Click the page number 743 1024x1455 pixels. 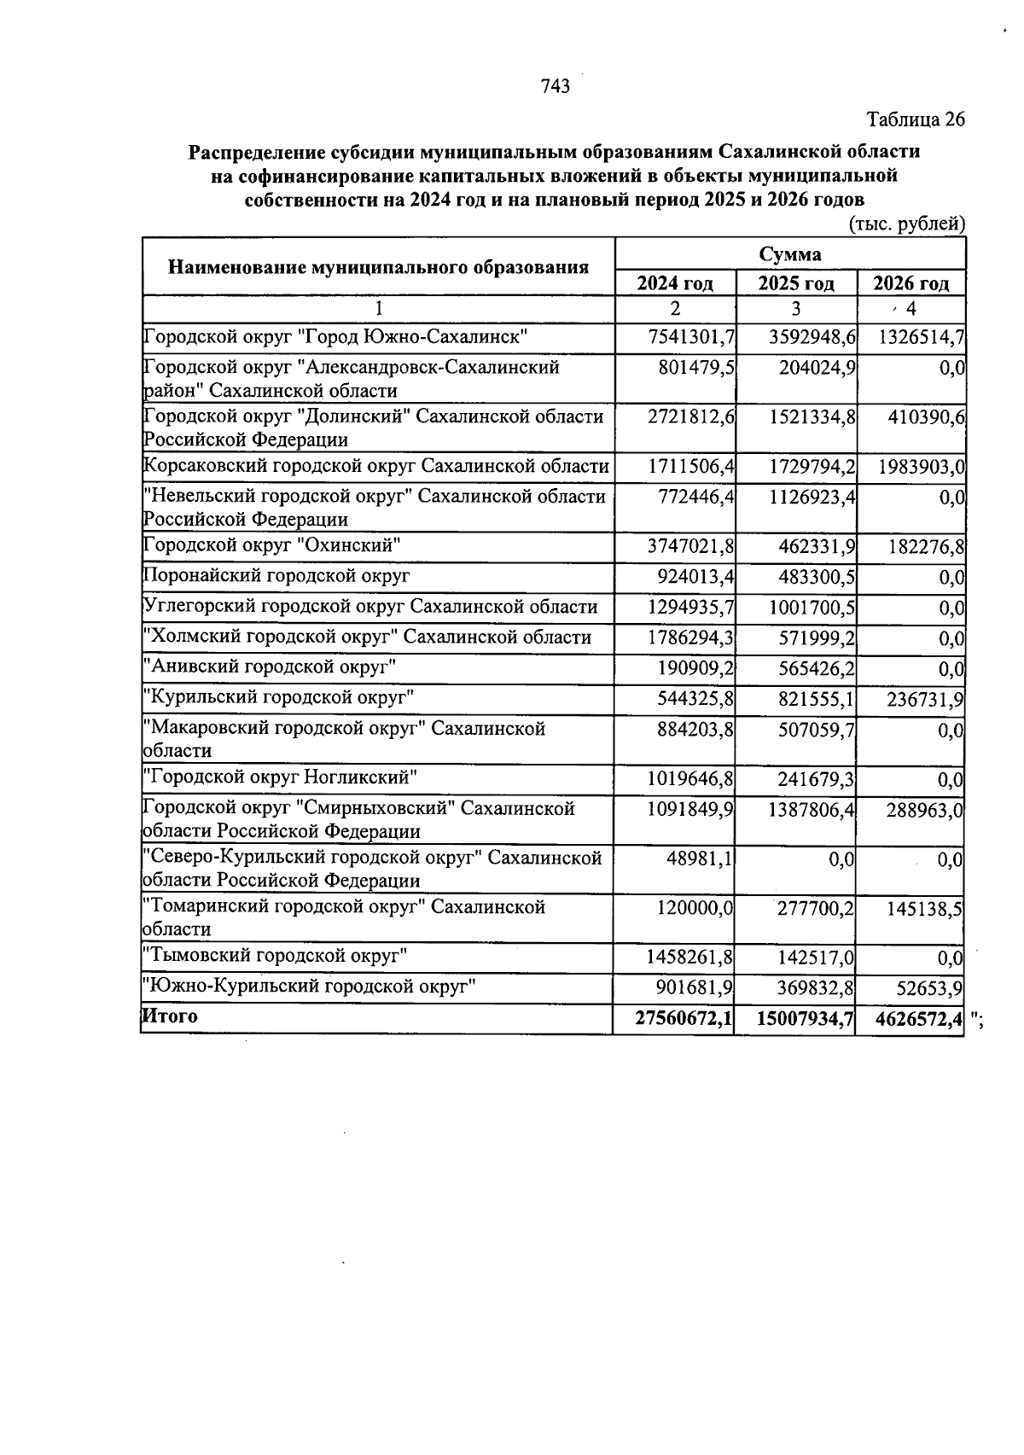(555, 86)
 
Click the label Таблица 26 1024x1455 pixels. (916, 119)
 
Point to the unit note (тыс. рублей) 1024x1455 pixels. (907, 224)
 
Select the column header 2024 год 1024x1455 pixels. (675, 283)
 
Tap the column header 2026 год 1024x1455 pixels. (911, 283)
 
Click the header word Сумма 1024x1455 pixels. (790, 254)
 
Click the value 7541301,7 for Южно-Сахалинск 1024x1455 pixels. (691, 337)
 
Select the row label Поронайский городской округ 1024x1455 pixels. (276, 576)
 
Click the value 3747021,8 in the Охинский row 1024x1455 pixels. (691, 546)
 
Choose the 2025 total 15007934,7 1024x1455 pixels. (805, 1018)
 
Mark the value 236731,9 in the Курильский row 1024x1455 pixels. (922, 700)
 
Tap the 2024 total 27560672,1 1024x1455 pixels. (684, 1018)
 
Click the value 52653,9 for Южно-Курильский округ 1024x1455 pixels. (929, 988)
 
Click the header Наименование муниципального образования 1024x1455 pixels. (378, 268)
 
